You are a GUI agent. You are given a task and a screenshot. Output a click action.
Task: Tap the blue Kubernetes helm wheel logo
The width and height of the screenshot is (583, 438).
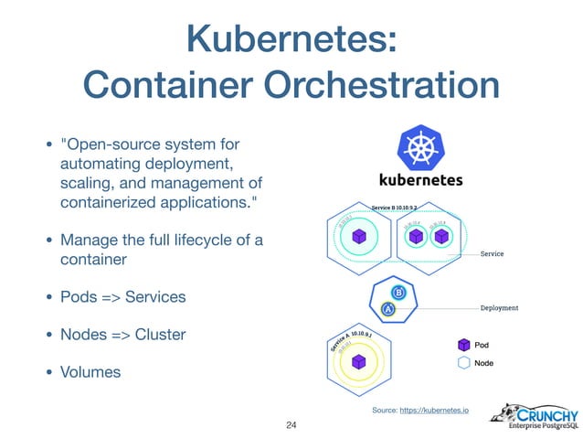pos(419,148)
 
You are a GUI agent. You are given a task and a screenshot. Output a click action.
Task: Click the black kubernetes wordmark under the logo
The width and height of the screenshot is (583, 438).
pos(420,180)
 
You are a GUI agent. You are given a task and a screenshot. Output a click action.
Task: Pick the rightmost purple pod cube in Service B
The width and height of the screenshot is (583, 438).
pos(442,237)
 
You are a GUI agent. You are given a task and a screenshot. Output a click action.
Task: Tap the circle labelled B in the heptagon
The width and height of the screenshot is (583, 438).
pos(398,293)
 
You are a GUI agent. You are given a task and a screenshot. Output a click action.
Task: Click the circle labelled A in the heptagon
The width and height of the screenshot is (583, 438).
pos(388,308)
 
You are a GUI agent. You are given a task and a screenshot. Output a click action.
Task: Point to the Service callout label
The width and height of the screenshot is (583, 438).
pos(493,253)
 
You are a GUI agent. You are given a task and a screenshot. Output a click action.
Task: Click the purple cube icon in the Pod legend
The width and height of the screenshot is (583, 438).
pos(462,345)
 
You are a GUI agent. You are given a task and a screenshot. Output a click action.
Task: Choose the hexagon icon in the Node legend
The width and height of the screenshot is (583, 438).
pos(462,363)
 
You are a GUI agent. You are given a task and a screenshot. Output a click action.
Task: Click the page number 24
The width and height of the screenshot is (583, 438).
pos(291,425)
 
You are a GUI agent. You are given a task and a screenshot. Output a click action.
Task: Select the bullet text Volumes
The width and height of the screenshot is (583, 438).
pos(91,372)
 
